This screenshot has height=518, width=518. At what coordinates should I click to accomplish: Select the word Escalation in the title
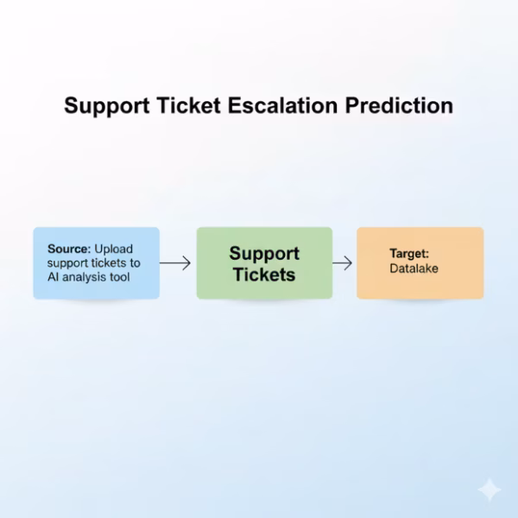pyautogui.click(x=284, y=106)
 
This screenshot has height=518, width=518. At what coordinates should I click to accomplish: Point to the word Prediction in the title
pyautogui.click(x=400, y=106)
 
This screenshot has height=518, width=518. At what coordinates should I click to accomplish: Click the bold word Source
pyautogui.click(x=68, y=249)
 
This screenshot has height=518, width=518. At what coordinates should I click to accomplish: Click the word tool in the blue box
pyautogui.click(x=129, y=276)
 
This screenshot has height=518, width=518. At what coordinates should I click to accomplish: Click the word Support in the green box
pyautogui.click(x=264, y=254)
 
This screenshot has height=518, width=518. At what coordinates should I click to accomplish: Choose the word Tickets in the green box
pyautogui.click(x=264, y=275)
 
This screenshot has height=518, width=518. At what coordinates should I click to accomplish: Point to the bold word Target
pyautogui.click(x=409, y=255)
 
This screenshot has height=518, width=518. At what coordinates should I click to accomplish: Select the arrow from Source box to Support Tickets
pyautogui.click(x=175, y=263)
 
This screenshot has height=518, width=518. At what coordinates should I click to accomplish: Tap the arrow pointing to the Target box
pyautogui.click(x=343, y=263)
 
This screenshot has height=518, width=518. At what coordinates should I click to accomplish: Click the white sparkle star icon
pyautogui.click(x=489, y=490)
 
